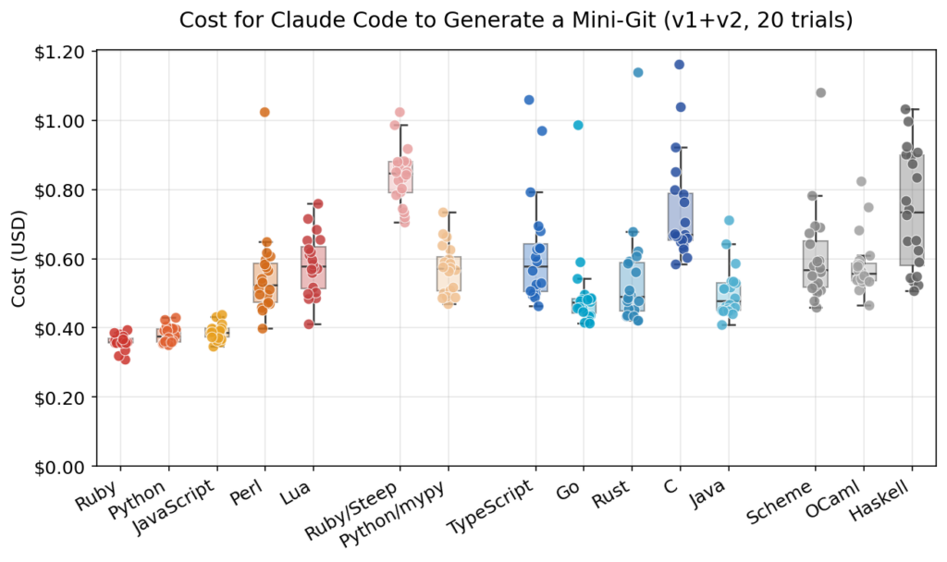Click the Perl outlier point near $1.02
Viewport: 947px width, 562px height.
click(264, 112)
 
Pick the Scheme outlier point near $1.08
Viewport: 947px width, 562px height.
click(820, 92)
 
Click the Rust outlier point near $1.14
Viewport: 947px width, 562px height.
click(638, 72)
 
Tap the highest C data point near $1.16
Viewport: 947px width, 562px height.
click(680, 65)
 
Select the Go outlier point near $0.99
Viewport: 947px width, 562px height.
click(578, 125)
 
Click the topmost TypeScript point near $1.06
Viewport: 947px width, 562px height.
click(529, 100)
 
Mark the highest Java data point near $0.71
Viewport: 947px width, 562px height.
click(729, 220)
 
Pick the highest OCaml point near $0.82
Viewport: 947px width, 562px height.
click(861, 181)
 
